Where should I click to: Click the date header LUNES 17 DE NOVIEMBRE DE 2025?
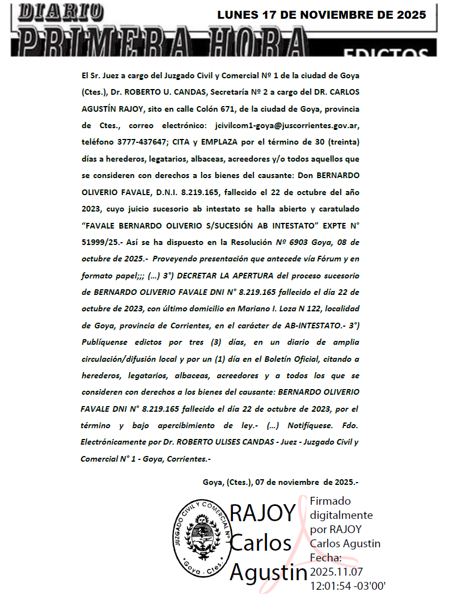[x=321, y=15]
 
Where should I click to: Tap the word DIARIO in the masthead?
[x=61, y=11]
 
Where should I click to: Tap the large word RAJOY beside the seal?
[x=262, y=513]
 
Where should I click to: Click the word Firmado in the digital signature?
[x=330, y=501]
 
